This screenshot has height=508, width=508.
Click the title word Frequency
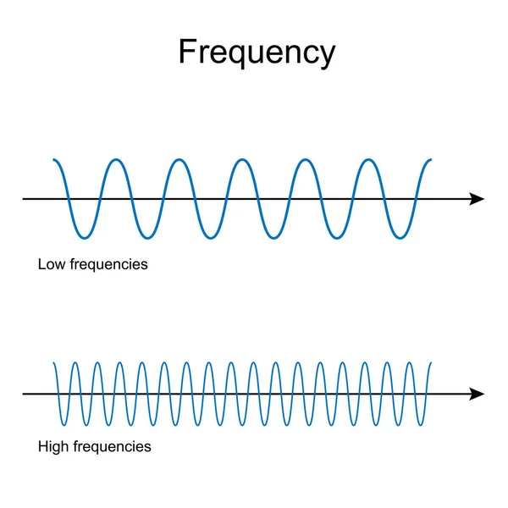257,52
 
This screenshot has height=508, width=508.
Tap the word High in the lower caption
52,445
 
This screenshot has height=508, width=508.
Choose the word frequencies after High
111,445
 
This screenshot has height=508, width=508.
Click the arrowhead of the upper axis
477,199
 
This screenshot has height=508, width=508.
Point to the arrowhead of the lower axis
477,394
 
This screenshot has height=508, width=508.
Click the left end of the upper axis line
24,199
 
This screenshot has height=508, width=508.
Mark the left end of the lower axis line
24,394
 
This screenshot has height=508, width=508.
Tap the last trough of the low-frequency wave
399,238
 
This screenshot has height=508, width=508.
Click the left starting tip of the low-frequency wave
53,159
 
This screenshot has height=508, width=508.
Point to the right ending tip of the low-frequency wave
431,159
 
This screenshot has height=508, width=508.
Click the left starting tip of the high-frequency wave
54,363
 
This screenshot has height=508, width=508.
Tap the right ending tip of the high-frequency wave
431,363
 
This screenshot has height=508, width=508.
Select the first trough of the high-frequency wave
65,425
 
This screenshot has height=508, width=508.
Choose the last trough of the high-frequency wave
421,425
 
